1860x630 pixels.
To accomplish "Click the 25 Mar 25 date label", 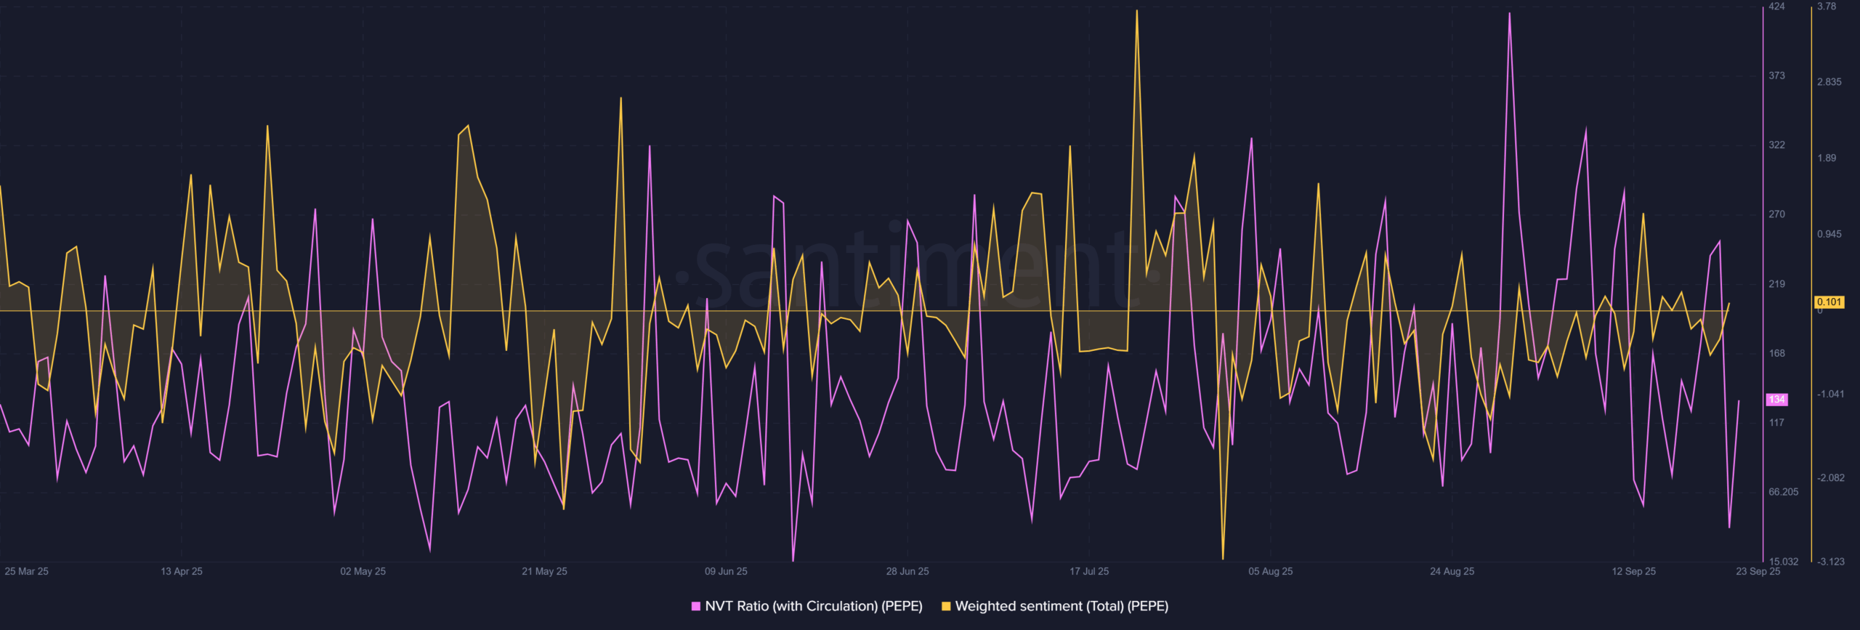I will coord(27,571).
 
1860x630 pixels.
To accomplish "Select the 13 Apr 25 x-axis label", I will coord(182,571).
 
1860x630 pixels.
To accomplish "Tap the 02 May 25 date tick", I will coord(363,571).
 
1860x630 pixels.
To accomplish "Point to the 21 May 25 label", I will coord(544,571).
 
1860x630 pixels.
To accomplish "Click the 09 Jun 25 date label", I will coord(726,571).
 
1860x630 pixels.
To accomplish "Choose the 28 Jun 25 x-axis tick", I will coord(907,571).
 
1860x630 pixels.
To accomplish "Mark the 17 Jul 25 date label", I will coord(1089,571).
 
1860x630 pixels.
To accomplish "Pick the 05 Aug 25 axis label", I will coord(1271,571).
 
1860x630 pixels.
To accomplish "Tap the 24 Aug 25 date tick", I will coord(1452,571).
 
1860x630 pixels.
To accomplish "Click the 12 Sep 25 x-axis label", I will coord(1634,571).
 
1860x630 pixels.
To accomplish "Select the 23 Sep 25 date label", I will coord(1758,571).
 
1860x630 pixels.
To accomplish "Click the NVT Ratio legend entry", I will coord(807,606).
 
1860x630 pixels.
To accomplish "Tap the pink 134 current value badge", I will coord(1777,400).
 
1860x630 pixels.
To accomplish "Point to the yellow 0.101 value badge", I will coord(1829,302).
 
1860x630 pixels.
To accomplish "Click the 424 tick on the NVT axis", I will coord(1776,7).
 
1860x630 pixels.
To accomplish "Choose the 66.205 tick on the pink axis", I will coord(1783,492).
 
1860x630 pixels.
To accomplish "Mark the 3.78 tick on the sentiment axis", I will coord(1827,7).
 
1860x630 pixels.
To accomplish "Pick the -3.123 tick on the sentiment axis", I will coord(1830,561).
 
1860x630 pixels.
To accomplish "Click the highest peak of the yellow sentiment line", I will coord(1137,11).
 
